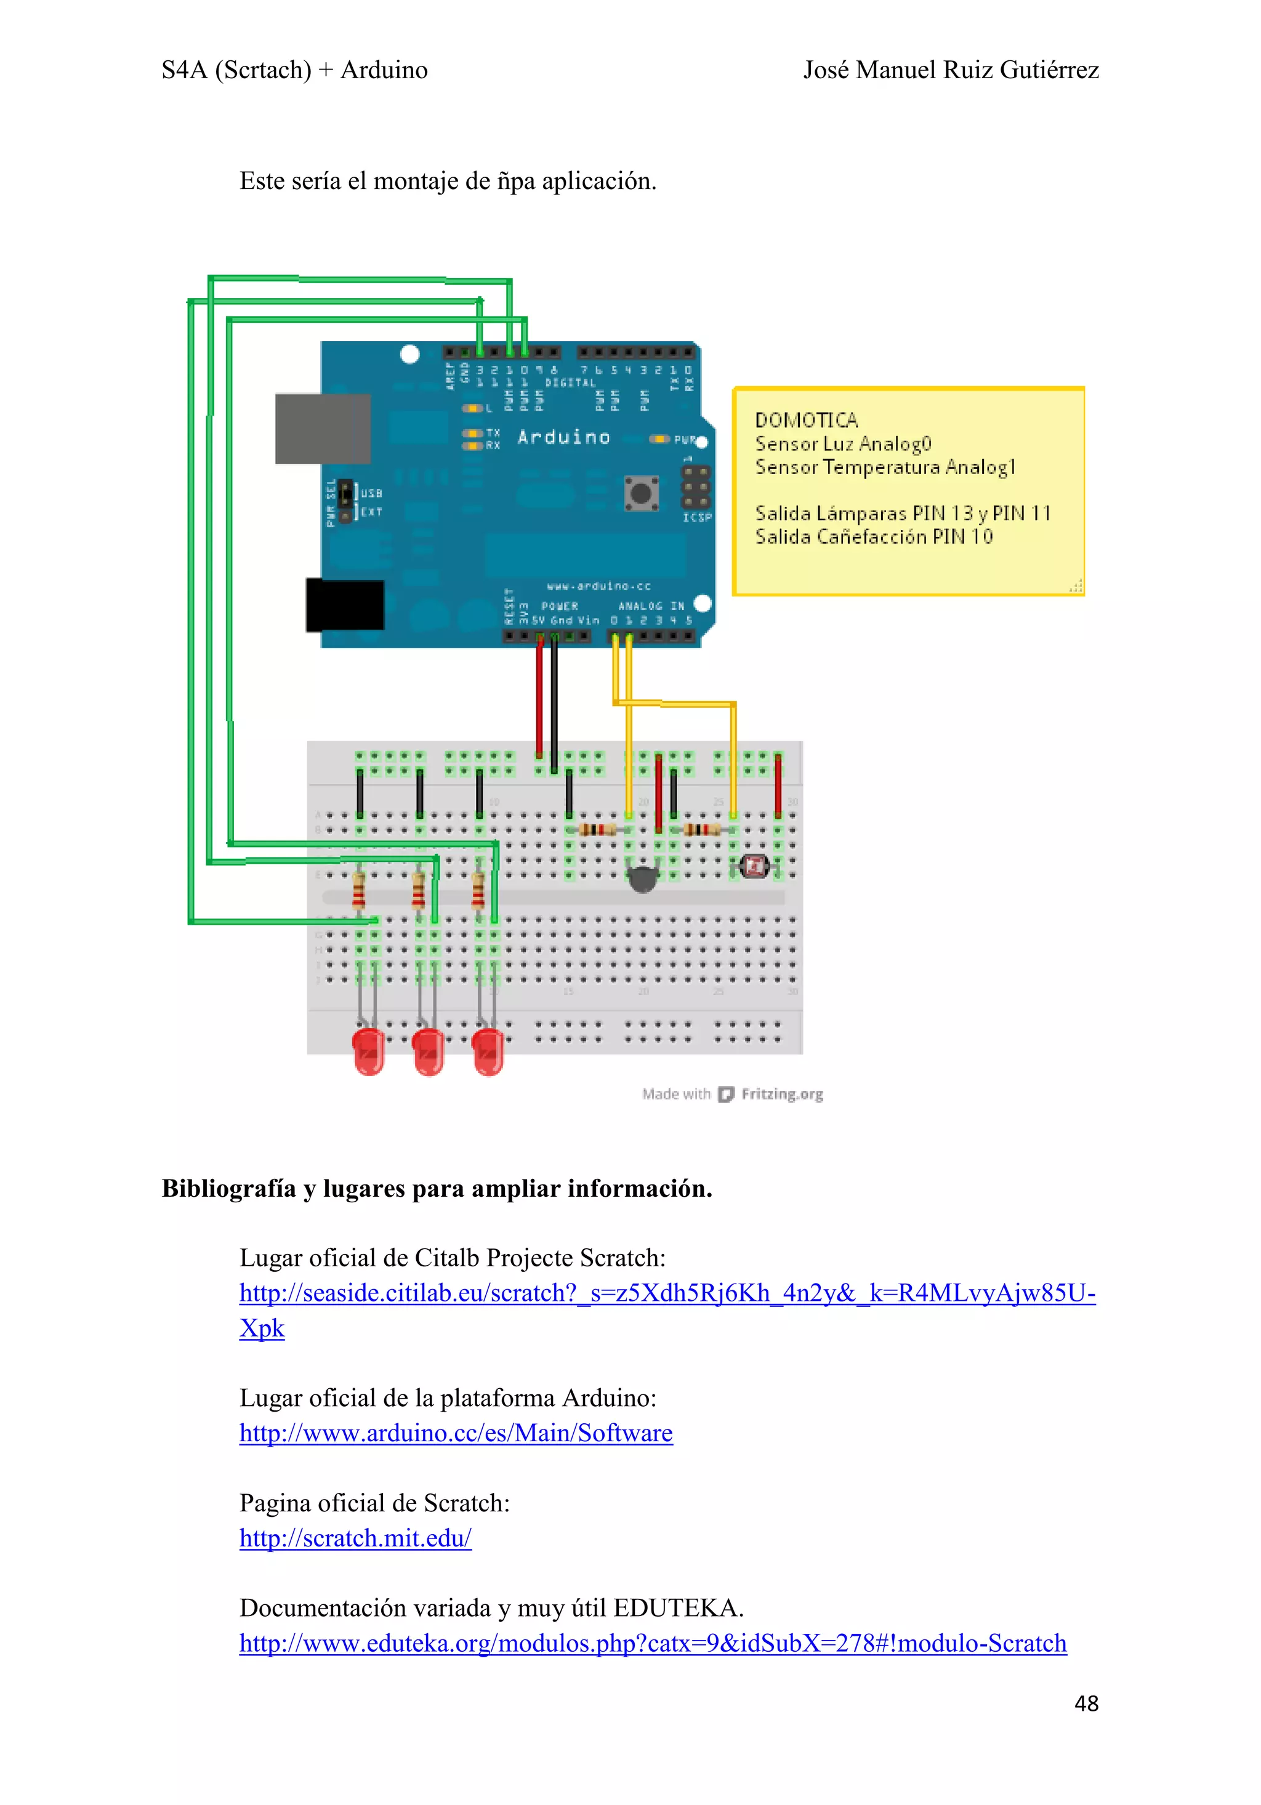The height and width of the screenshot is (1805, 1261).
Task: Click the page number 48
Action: pos(1086,1703)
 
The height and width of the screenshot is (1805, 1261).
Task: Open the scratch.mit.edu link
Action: pos(355,1538)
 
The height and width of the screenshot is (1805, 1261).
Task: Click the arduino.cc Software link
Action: pos(456,1433)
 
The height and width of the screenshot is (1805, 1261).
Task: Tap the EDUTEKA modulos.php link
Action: pos(653,1643)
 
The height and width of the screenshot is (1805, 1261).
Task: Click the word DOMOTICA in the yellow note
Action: pos(806,420)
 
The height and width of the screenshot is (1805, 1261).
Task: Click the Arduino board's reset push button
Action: pos(641,493)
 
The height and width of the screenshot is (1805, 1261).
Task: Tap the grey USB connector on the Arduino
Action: pos(322,428)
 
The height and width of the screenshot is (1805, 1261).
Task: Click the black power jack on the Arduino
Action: pos(344,605)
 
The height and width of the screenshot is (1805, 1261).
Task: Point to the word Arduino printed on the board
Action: pos(563,437)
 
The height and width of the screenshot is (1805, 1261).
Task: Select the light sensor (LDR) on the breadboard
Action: pos(755,866)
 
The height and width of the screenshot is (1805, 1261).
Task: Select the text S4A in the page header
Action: pos(184,70)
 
